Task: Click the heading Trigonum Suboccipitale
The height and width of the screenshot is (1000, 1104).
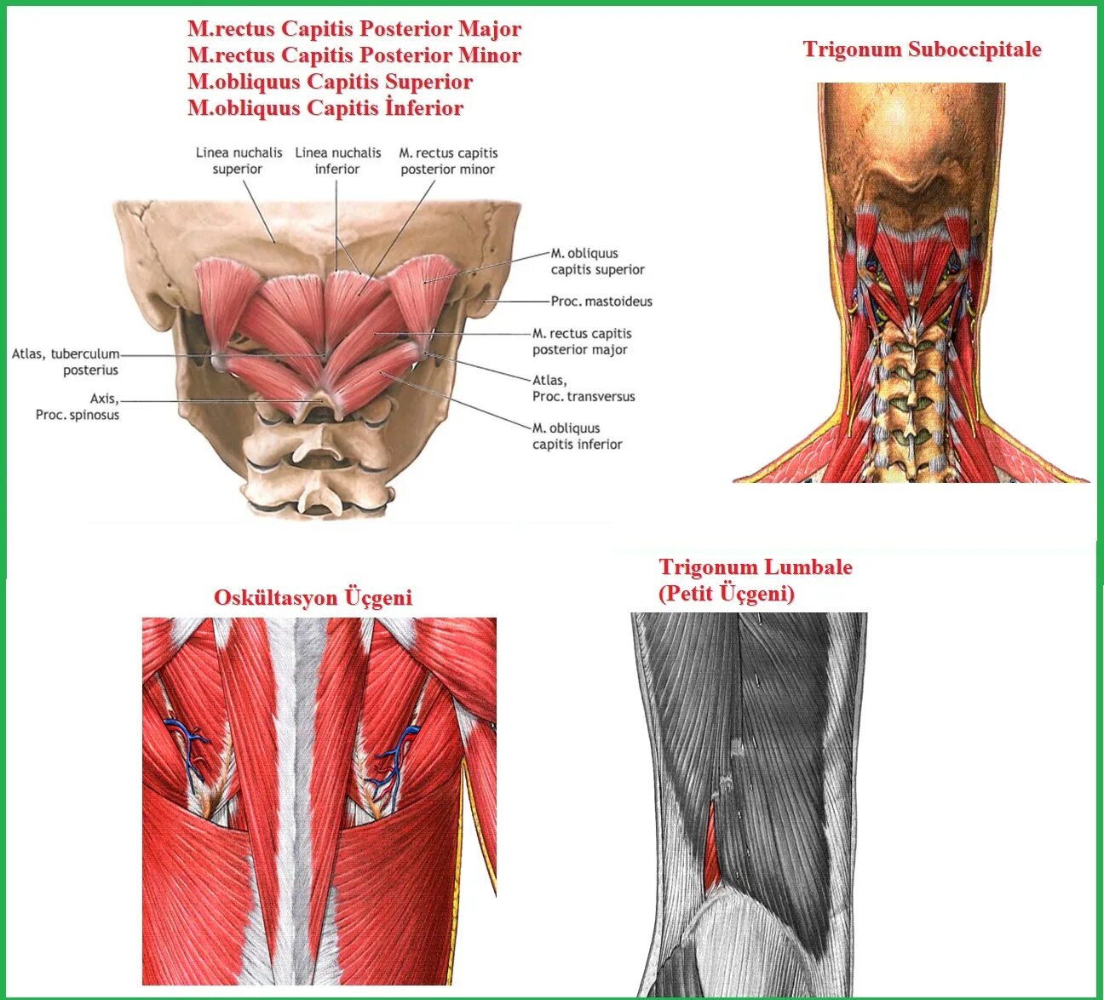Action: pyautogui.click(x=922, y=49)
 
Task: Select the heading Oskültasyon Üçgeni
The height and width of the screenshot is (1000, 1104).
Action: pyautogui.click(x=313, y=598)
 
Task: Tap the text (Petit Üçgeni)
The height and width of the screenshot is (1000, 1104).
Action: pyautogui.click(x=726, y=594)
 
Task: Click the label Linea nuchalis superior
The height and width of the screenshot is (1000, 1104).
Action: pyautogui.click(x=239, y=161)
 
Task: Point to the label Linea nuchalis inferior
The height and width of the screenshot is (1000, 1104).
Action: pyautogui.click(x=338, y=161)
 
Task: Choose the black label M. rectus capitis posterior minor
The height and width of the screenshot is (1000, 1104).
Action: pyautogui.click(x=448, y=161)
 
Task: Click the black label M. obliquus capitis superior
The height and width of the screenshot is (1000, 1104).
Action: pyautogui.click(x=597, y=261)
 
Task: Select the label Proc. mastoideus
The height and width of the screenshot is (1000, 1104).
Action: pyautogui.click(x=601, y=302)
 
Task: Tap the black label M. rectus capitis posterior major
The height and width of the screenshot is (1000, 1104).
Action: pyautogui.click(x=582, y=342)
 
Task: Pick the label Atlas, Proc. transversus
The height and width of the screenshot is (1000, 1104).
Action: pyautogui.click(x=584, y=388)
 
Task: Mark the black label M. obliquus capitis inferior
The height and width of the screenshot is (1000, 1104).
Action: pyautogui.click(x=578, y=436)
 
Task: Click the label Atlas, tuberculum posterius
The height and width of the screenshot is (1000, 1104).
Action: pyautogui.click(x=66, y=362)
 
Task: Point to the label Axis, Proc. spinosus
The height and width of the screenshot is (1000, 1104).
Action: pyautogui.click(x=78, y=407)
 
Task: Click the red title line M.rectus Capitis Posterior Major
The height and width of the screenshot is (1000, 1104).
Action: pyautogui.click(x=354, y=29)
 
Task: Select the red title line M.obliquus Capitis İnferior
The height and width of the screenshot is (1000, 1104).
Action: pyautogui.click(x=325, y=108)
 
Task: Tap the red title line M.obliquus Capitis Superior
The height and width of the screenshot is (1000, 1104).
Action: pyautogui.click(x=330, y=82)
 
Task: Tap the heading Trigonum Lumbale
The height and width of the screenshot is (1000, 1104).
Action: pyautogui.click(x=755, y=567)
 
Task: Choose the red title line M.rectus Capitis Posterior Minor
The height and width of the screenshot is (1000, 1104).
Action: pyautogui.click(x=354, y=55)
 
